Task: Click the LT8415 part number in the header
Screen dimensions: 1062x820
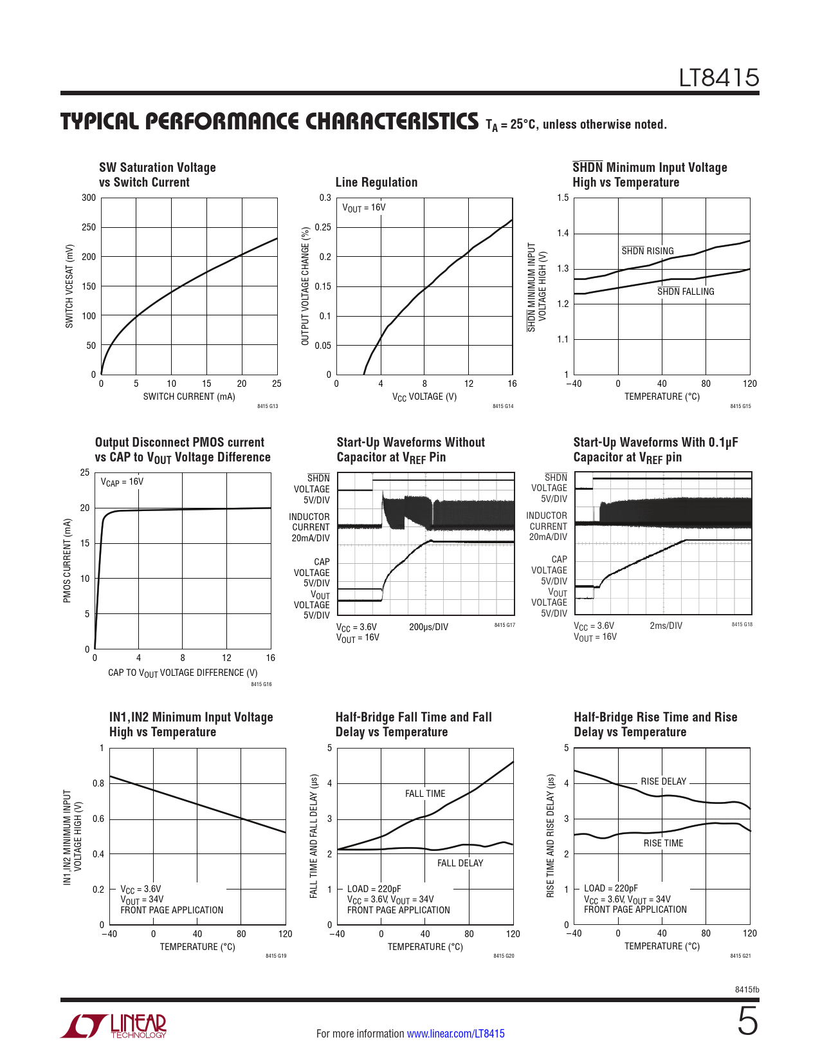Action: coord(719,79)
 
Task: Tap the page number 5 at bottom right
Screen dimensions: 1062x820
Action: coord(747,1021)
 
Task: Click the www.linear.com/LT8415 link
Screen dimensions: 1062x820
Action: coord(455,1034)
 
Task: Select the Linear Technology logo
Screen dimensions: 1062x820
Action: coord(114,1026)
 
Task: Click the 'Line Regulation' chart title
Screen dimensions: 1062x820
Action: coord(376,182)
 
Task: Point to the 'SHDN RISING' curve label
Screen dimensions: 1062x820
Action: coord(647,251)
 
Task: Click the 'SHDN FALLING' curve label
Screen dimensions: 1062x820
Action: coord(686,292)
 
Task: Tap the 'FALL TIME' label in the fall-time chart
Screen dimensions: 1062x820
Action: coord(425,794)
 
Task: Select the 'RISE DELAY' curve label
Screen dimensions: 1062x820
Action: coord(663,781)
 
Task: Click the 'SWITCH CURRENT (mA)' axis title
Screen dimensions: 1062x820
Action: coord(189,396)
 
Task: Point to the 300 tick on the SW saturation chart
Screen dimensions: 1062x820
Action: coord(89,198)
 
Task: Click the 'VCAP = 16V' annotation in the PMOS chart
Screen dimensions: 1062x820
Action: coord(122,482)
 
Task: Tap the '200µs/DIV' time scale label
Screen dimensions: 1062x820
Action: coord(428,627)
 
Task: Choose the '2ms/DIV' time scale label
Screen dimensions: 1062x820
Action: coord(666,626)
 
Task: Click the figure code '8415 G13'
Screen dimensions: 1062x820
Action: coord(268,407)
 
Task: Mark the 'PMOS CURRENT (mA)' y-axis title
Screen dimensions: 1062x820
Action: coord(67,561)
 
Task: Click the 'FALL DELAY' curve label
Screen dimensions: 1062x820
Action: coord(460,863)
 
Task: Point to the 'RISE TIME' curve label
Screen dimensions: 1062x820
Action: coord(663,843)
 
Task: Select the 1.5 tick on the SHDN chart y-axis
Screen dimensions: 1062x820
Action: coord(563,198)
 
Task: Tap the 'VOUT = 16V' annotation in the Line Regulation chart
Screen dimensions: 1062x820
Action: coord(364,208)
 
